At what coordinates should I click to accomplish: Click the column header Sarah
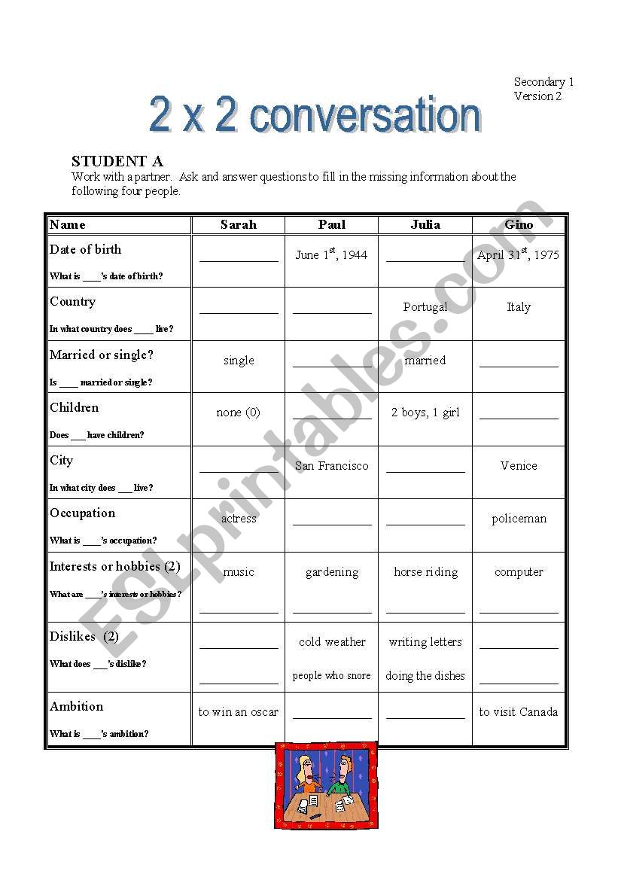pos(238,224)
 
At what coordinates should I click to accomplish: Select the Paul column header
pos(332,224)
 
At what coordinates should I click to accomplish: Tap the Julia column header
pos(425,224)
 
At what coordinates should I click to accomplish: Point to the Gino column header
pos(519,224)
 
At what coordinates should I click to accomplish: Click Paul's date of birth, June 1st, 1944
pos(331,254)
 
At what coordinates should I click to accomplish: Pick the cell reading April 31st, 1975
pos(518,254)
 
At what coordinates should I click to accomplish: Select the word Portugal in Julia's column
pos(425,307)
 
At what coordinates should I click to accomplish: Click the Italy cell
pos(519,307)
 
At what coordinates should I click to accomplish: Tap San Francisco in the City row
pos(332,466)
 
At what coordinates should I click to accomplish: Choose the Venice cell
pos(519,466)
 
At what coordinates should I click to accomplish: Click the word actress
pos(239,519)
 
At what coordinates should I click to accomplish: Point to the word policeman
pos(519,519)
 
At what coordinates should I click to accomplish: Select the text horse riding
pos(425,572)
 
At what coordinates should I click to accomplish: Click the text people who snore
pos(332,676)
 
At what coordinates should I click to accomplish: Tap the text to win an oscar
pos(239,712)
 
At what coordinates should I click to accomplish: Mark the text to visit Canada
pos(519,712)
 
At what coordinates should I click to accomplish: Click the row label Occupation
pos(83,513)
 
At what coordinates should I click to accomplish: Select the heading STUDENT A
pos(117,161)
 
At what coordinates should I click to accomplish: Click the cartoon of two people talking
pos(326,785)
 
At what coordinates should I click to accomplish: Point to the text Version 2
pos(537,96)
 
